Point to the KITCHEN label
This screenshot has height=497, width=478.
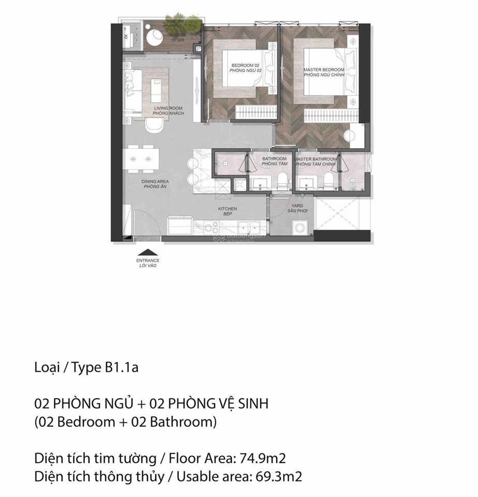tap(227, 209)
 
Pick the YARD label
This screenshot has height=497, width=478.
tap(297, 206)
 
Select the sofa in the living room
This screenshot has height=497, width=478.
tap(132, 91)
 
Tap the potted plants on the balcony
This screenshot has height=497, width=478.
tap(182, 23)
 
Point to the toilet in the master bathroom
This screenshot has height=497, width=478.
tap(327, 179)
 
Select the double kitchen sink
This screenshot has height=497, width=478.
tap(250, 226)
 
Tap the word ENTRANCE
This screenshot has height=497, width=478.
tap(147, 260)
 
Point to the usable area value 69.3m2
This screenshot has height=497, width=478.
tap(279, 476)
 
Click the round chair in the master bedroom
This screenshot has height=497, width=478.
tap(353, 135)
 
